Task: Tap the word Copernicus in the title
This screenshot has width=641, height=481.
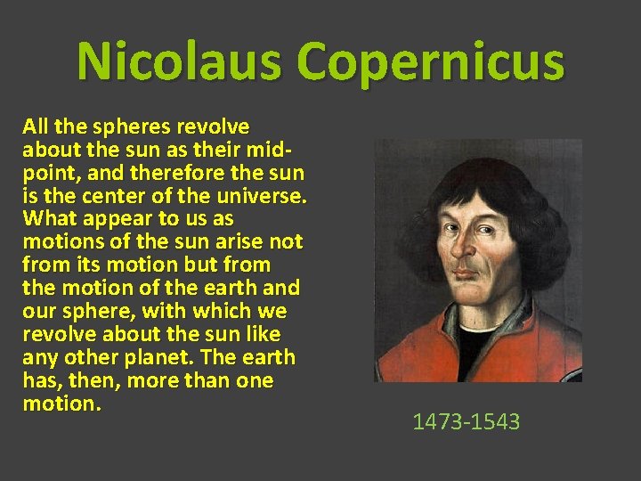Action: [431, 61]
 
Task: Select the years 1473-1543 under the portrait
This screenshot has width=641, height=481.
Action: [466, 420]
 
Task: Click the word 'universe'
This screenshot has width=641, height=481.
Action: [265, 195]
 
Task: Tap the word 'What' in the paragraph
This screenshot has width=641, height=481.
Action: [50, 218]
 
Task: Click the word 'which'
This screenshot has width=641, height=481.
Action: [216, 311]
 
